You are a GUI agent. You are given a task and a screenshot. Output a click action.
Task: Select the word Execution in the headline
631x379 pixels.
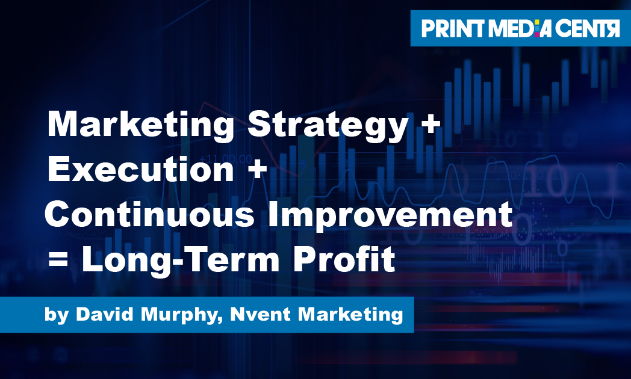(140, 170)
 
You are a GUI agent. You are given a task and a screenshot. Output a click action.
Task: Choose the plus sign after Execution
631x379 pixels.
(255, 171)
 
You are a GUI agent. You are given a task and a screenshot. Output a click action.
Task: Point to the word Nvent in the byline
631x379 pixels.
(253, 315)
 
